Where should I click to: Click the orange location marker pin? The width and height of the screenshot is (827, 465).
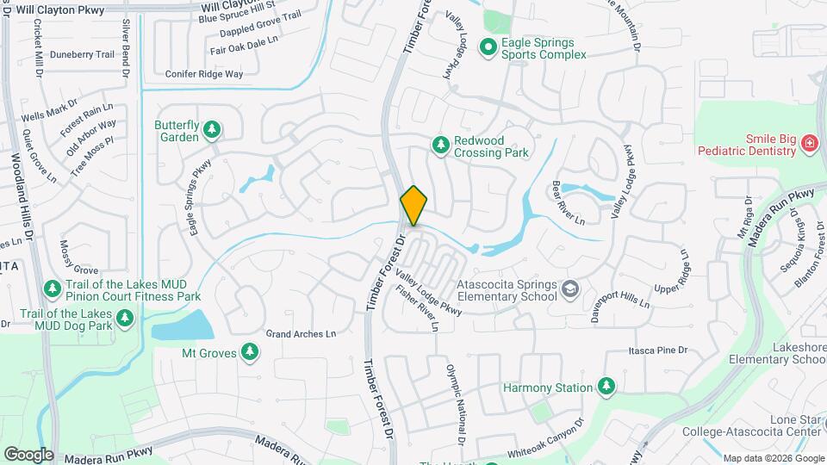click(414, 205)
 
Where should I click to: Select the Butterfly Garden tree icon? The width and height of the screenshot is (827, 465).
click(212, 131)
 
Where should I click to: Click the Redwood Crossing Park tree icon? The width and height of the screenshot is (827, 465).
click(441, 144)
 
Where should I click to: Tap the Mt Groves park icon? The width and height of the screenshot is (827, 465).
click(250, 351)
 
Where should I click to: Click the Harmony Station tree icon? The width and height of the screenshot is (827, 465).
click(606, 387)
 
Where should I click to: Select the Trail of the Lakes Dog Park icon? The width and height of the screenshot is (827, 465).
click(125, 318)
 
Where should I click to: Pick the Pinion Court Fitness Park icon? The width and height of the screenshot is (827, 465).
click(52, 288)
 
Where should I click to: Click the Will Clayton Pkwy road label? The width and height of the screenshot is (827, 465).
click(60, 9)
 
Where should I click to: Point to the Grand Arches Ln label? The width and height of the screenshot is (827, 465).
click(301, 333)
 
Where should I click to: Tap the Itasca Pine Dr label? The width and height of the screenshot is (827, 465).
click(658, 350)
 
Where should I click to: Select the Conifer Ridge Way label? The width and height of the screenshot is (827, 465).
click(204, 75)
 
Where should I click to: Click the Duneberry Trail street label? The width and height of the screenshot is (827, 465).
click(82, 54)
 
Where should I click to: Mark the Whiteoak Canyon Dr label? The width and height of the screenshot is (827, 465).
click(545, 438)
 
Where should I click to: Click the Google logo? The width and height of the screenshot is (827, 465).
click(28, 454)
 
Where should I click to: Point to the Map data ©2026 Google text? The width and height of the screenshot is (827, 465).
click(772, 458)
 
